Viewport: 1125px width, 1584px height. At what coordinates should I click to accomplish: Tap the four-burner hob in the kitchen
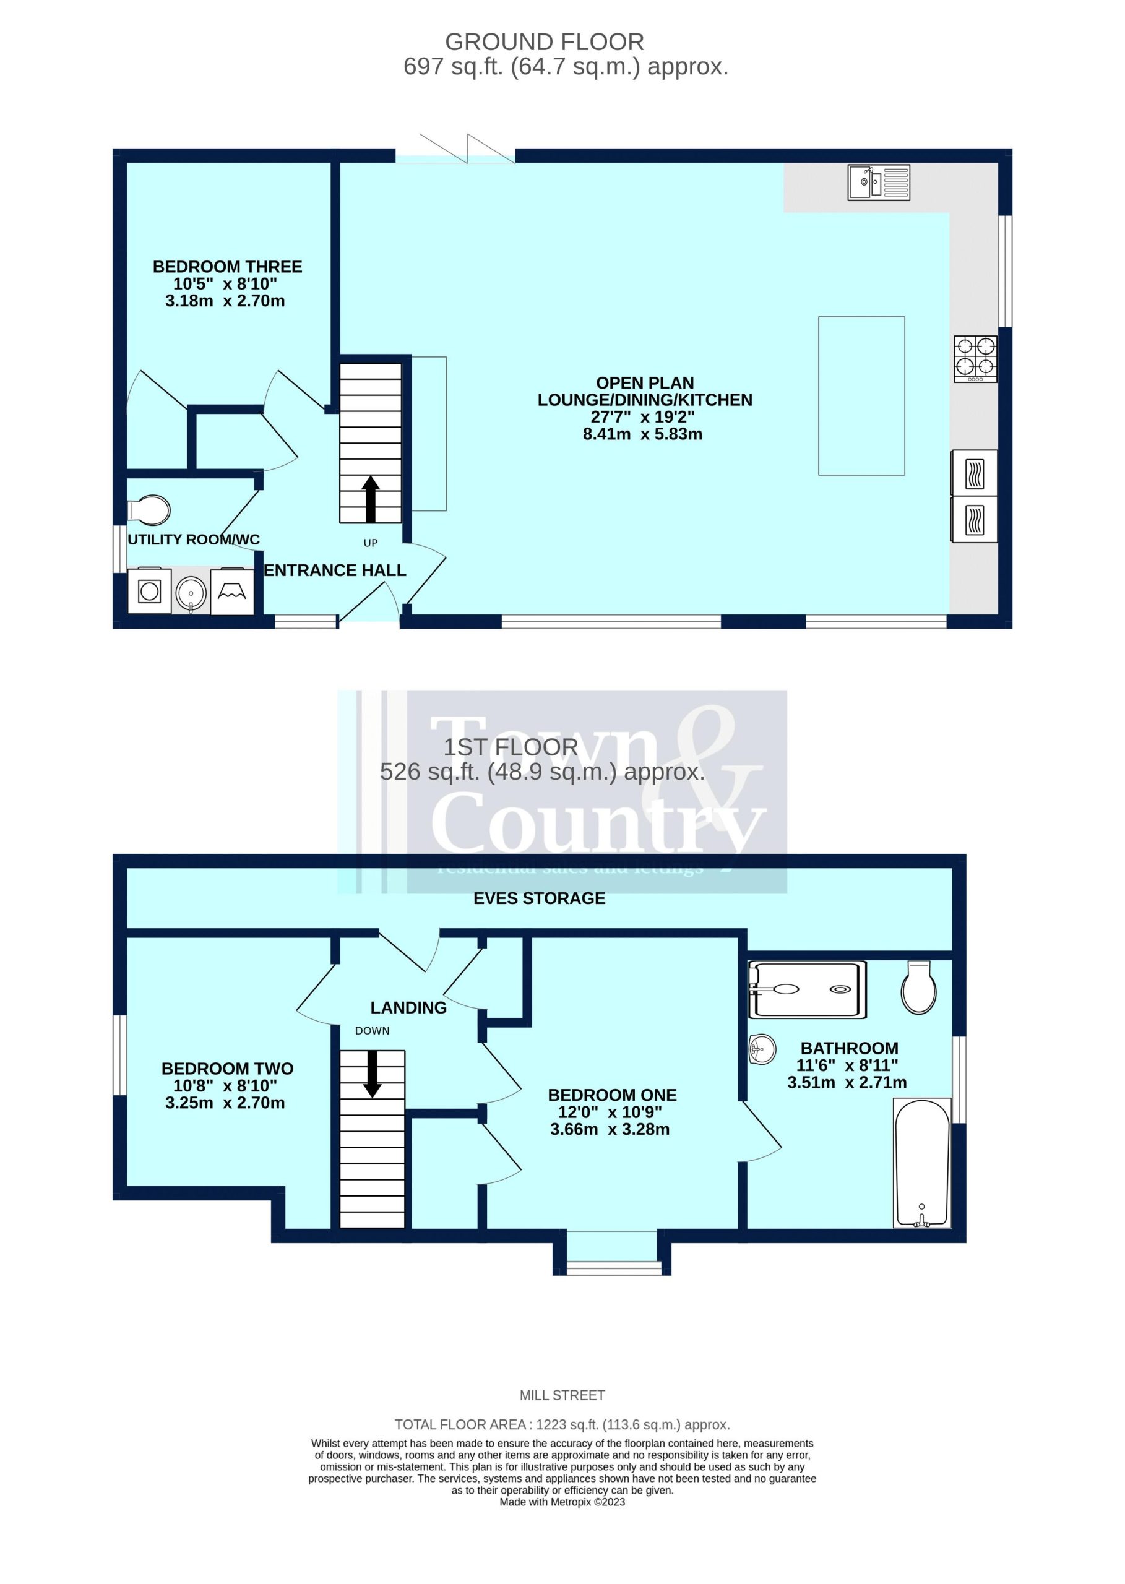(x=975, y=359)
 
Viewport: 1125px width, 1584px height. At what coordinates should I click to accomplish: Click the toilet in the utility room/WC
(x=149, y=510)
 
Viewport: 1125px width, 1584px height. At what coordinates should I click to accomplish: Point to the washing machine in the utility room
(x=150, y=591)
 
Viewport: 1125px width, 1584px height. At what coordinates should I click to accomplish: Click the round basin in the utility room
(x=191, y=593)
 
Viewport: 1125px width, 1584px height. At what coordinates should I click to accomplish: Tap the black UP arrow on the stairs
(x=371, y=499)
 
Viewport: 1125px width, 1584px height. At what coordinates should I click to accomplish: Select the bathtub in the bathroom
(x=922, y=1164)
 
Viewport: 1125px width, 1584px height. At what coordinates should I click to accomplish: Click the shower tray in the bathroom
(x=807, y=990)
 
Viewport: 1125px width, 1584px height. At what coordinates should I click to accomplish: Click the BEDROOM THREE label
(x=227, y=267)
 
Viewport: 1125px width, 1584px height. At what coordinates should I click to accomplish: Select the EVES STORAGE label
(x=539, y=898)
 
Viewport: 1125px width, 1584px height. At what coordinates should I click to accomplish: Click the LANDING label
(x=408, y=1008)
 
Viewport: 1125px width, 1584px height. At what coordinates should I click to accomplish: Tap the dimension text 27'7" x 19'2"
(x=642, y=417)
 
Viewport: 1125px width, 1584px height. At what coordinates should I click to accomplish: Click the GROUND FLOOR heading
(x=545, y=42)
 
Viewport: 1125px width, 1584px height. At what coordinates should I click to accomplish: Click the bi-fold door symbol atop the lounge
(x=467, y=148)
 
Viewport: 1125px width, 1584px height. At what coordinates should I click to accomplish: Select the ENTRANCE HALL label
(x=335, y=570)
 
